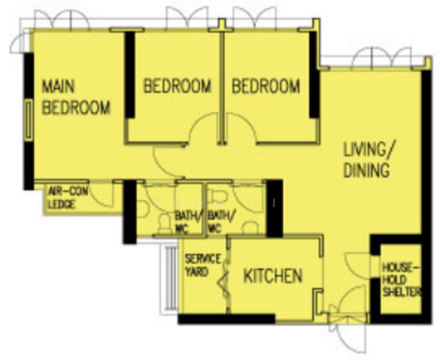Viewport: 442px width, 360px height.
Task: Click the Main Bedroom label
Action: pos(76,97)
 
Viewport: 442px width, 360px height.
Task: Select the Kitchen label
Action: pos(272,276)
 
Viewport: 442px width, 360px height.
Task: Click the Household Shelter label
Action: pos(401,280)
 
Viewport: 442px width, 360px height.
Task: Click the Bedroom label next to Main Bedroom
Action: pos(177,86)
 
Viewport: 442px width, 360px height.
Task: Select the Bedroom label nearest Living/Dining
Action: pos(265,86)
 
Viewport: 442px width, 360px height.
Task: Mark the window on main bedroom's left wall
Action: pos(28,120)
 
